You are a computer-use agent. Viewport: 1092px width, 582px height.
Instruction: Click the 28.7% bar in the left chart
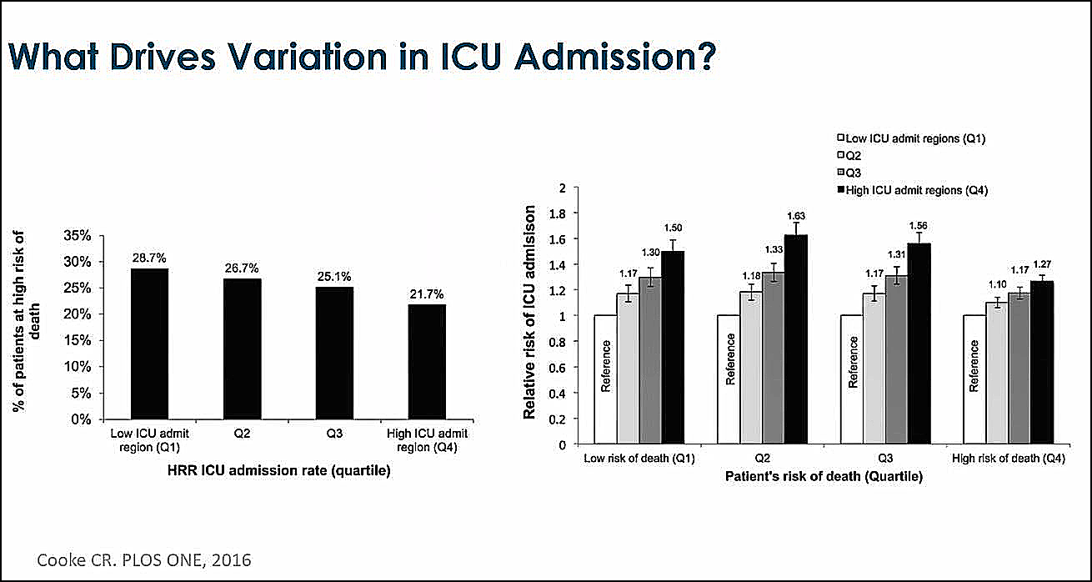150,344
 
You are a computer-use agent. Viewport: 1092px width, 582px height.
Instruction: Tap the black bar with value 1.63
796,339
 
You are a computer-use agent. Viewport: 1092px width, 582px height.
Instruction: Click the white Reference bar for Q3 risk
851,379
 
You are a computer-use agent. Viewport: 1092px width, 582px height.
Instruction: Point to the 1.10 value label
997,285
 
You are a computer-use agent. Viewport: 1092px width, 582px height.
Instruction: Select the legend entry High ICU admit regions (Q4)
917,190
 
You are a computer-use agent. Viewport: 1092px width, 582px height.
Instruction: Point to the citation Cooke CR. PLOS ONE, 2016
143,559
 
